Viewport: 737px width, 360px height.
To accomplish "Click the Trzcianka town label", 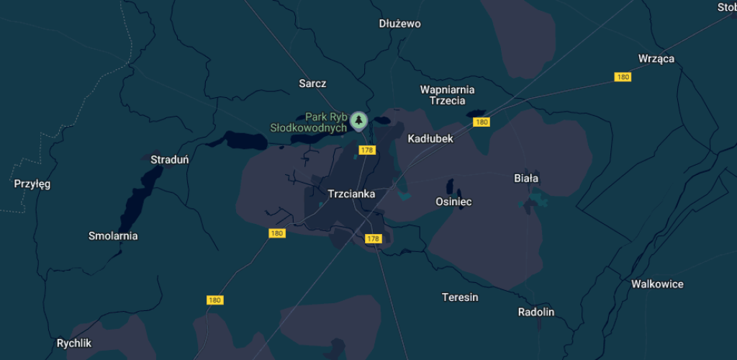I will pyautogui.click(x=351, y=194).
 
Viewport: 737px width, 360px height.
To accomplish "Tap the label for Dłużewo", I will pyautogui.click(x=399, y=24).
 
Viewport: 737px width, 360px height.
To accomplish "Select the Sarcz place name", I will pyautogui.click(x=312, y=84).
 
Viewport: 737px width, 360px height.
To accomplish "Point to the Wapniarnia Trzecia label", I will pyautogui.click(x=447, y=95).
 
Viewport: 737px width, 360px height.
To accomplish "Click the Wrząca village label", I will pyautogui.click(x=656, y=58).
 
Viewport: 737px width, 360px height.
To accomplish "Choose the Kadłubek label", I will pyautogui.click(x=430, y=138).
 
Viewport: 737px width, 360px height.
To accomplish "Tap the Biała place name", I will pyautogui.click(x=526, y=178).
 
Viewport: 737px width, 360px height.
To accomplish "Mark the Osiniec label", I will pyautogui.click(x=453, y=202).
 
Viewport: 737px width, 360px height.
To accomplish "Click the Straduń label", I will pyautogui.click(x=169, y=159).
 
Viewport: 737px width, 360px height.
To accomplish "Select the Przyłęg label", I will pyautogui.click(x=32, y=184).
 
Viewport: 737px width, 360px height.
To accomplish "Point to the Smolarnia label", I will pyautogui.click(x=113, y=235).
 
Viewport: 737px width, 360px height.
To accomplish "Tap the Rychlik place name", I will pyautogui.click(x=74, y=343).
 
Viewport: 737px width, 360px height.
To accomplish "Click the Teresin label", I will pyautogui.click(x=460, y=297).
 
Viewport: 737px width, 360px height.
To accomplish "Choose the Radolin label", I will pyautogui.click(x=536, y=312).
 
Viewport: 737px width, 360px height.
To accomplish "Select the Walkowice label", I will pyautogui.click(x=657, y=284).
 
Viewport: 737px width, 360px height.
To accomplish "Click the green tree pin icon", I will pyautogui.click(x=358, y=120).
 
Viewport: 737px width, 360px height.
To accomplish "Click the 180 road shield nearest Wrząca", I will pyautogui.click(x=623, y=77).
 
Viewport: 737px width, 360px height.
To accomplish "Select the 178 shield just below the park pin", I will pyautogui.click(x=367, y=150).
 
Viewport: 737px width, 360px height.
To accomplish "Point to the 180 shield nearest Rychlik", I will pyautogui.click(x=214, y=300).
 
